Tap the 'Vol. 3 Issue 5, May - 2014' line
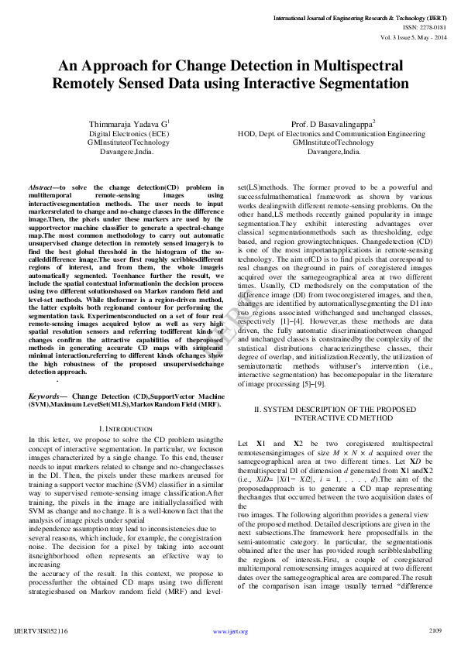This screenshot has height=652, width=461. [414, 36]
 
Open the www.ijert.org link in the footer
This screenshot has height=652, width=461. [230, 632]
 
